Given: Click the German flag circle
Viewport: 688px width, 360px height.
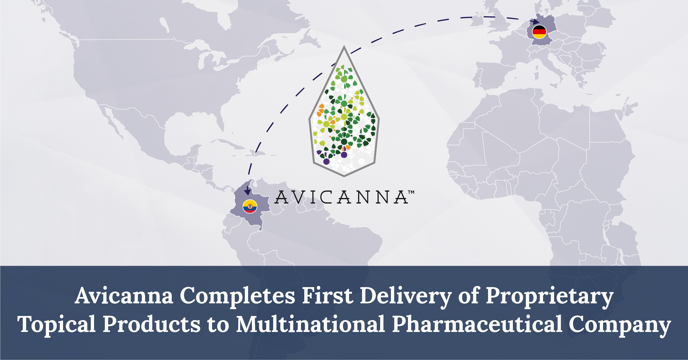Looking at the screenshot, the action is pos(539,32).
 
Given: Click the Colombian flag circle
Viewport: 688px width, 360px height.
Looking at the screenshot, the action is pos(250,207).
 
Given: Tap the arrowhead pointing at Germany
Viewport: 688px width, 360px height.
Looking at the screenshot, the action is pos(536,21).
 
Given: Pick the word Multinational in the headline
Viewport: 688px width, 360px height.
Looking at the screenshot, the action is pos(311,324).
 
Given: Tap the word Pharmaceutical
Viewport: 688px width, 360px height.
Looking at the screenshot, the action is pos(477,324).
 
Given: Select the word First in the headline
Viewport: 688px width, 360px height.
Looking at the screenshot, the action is pos(328,296).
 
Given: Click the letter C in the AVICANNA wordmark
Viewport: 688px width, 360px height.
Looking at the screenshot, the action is pos(326,197).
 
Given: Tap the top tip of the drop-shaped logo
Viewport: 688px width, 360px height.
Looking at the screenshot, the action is pos(344,47).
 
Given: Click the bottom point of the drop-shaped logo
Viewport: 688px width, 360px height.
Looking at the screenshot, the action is pos(344,176).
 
